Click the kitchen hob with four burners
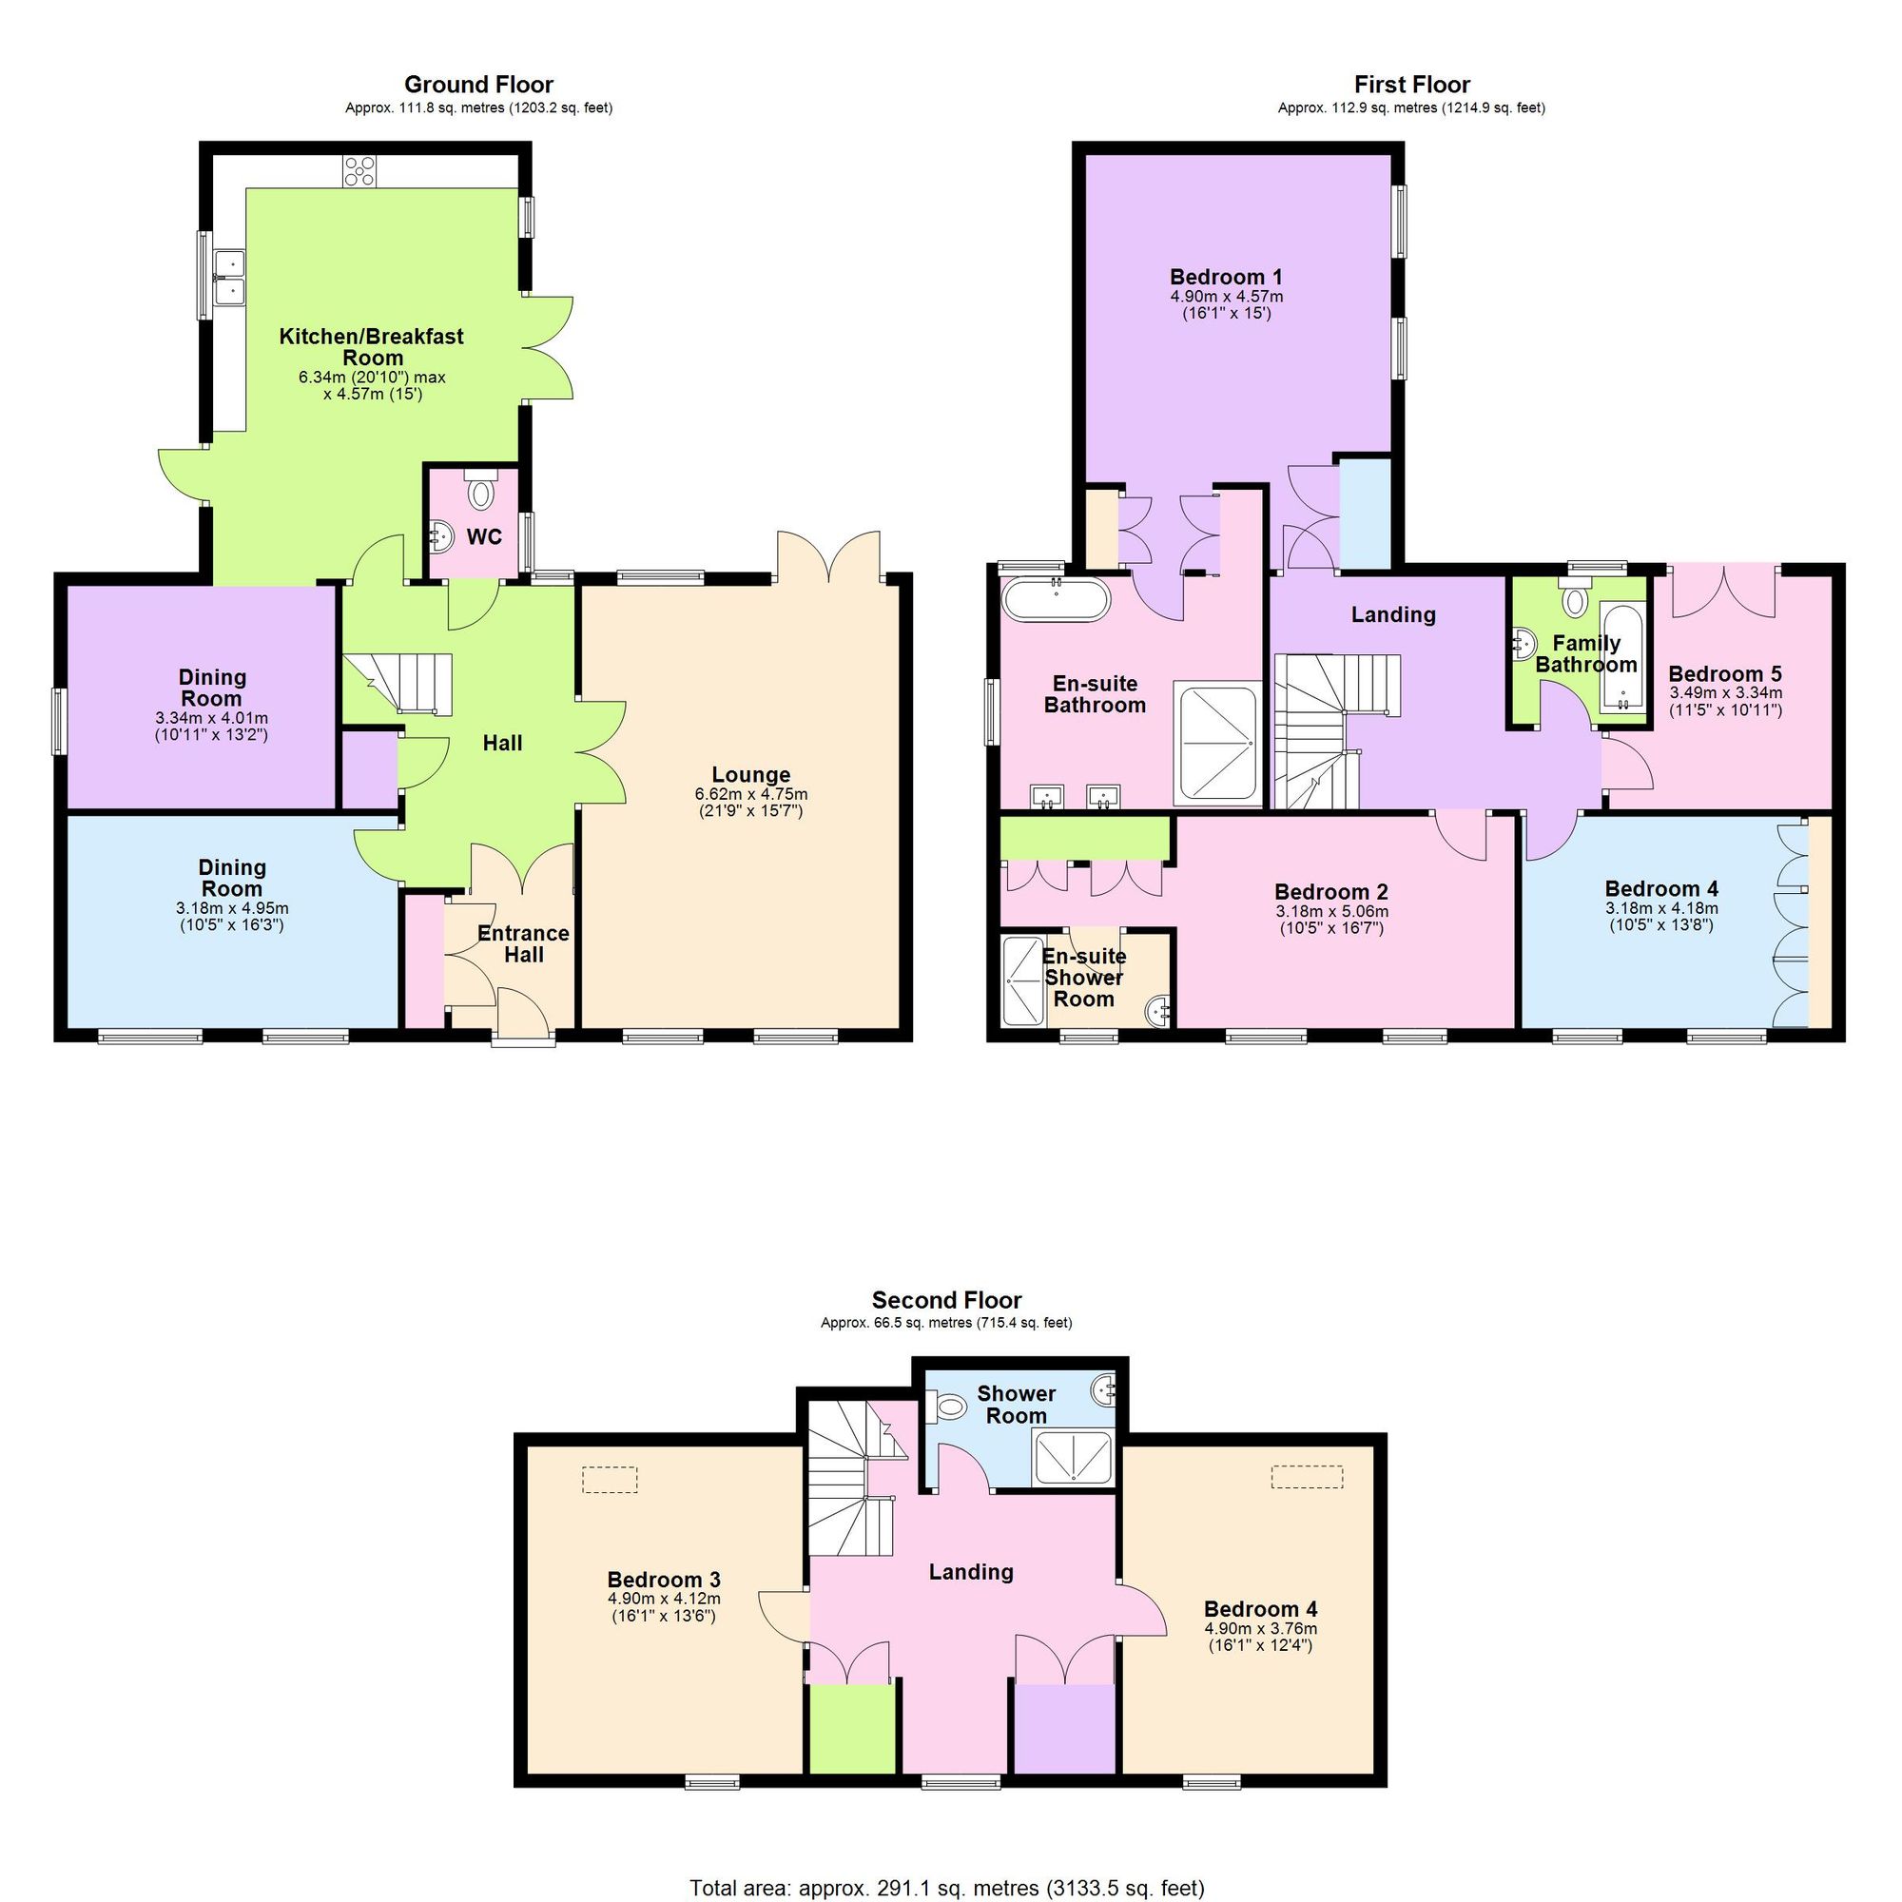(x=359, y=171)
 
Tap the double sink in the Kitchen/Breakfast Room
(x=229, y=278)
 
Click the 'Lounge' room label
(x=751, y=775)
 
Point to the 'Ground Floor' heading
(x=478, y=85)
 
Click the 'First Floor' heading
(x=1410, y=85)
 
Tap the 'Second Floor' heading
(x=946, y=1299)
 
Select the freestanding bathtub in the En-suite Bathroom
(x=1056, y=598)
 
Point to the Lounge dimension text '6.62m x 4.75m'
(x=751, y=793)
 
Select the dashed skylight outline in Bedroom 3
(x=610, y=1480)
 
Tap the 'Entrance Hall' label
(x=523, y=943)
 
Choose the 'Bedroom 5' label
(x=1725, y=674)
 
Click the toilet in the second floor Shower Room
(x=947, y=1407)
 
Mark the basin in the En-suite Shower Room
(x=1160, y=1008)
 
